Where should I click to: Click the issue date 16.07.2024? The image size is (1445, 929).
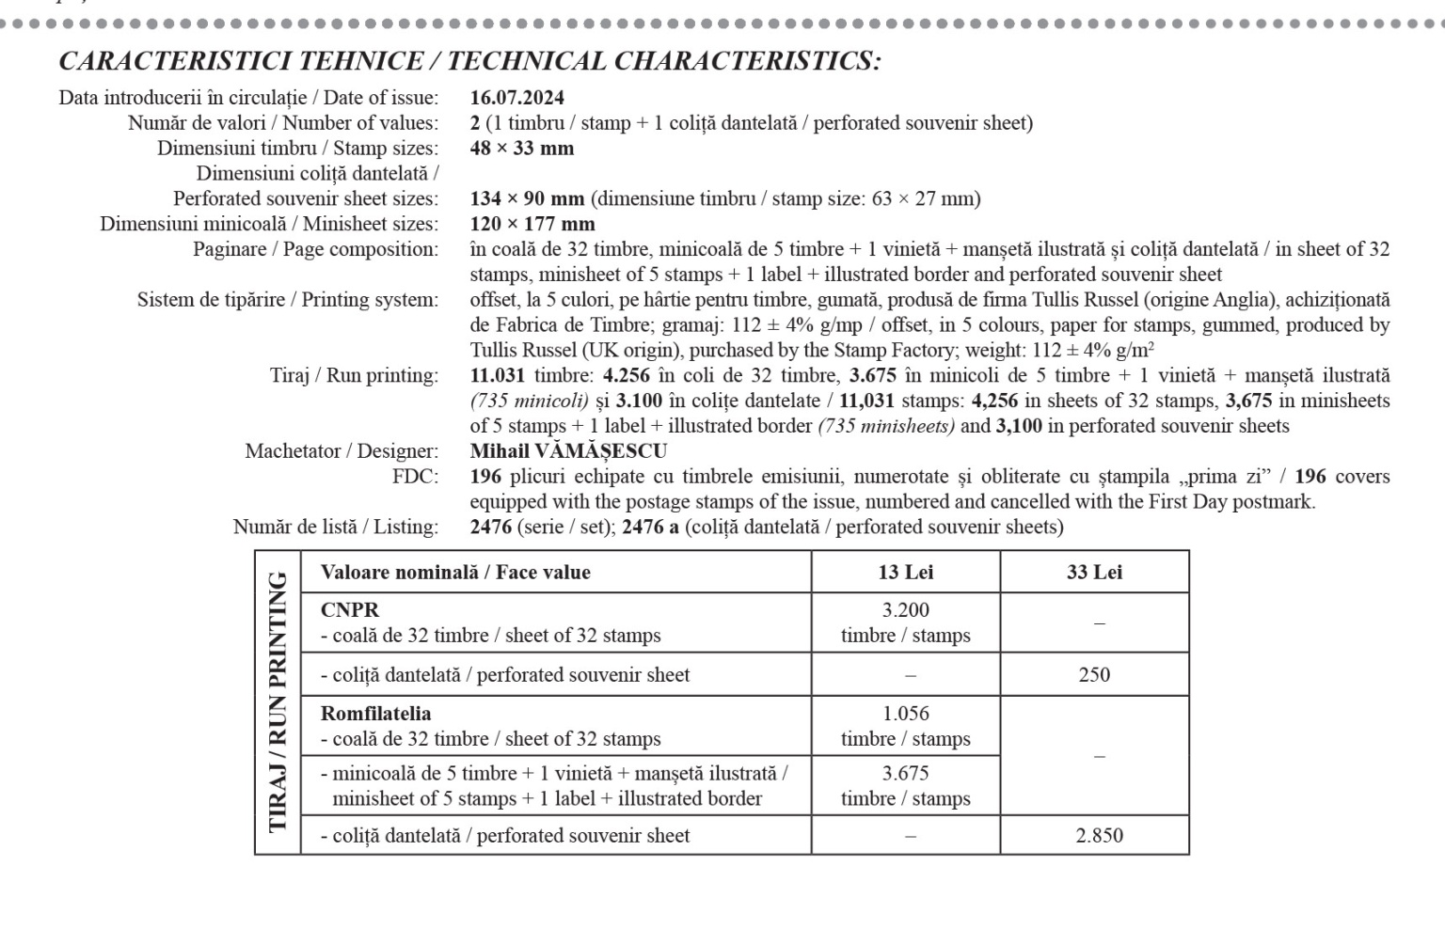(517, 98)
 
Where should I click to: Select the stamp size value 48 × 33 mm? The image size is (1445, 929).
(522, 149)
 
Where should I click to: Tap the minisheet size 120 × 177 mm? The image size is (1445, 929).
(532, 225)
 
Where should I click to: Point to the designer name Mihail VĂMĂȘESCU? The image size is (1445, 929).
(568, 451)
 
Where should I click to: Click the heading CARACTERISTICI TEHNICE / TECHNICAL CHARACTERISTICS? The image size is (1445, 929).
(469, 62)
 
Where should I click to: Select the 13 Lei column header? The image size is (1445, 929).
(905, 573)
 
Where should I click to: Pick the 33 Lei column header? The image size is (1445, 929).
(1094, 573)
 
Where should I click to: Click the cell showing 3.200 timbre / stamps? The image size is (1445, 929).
(905, 622)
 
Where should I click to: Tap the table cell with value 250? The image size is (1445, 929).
(1094, 675)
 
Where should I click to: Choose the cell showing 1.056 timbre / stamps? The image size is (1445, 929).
(905, 726)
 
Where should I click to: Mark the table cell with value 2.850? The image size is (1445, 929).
(1099, 836)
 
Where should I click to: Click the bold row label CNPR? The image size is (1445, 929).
(350, 610)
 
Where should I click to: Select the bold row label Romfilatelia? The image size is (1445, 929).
(375, 714)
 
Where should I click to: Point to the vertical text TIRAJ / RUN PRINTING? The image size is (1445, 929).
(278, 702)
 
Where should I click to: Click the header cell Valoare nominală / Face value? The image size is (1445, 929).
(455, 573)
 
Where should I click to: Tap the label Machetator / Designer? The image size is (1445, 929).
(341, 451)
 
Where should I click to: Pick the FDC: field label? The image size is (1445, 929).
(415, 477)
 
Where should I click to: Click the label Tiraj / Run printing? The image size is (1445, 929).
(354, 376)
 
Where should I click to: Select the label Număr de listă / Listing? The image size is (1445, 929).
(336, 527)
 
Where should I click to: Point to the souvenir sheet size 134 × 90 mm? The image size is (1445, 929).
(527, 199)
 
